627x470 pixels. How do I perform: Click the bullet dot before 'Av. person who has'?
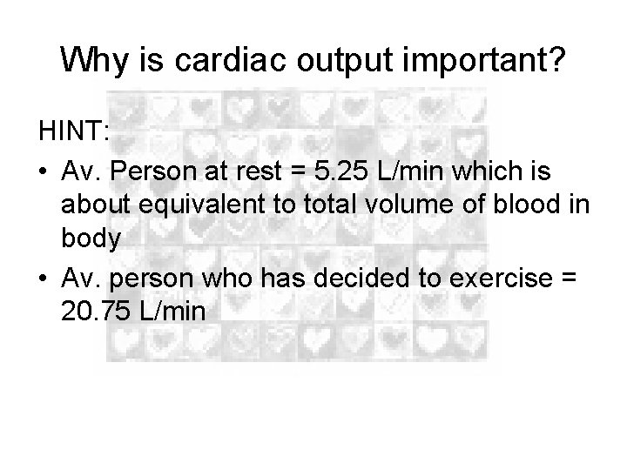[x=44, y=279]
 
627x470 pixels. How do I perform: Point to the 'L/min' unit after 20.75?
[x=173, y=312]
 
